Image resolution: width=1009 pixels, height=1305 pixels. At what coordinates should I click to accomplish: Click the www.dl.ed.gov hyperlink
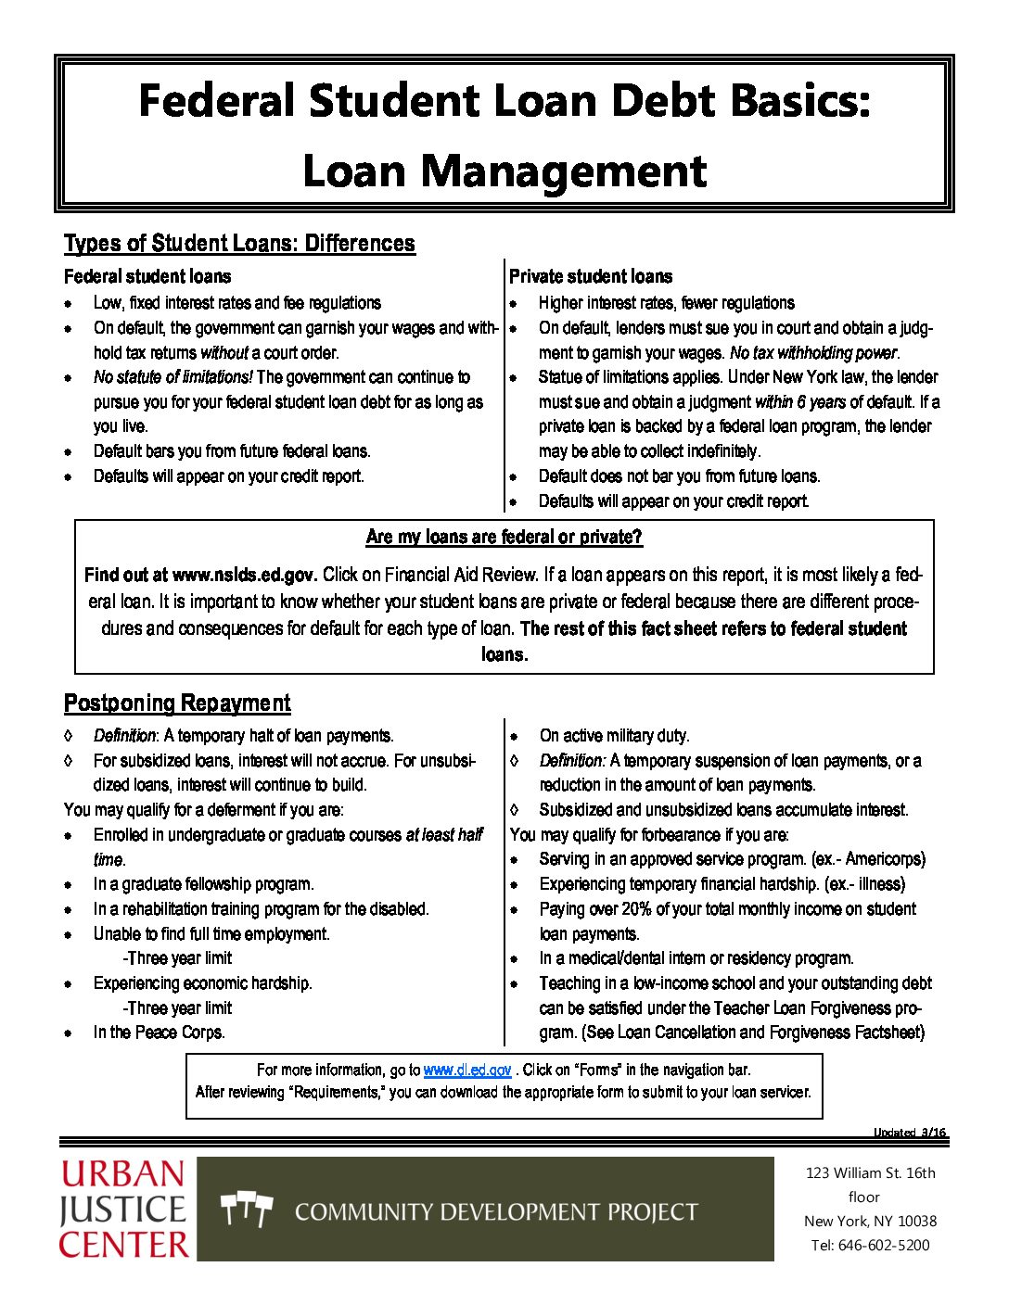point(466,1070)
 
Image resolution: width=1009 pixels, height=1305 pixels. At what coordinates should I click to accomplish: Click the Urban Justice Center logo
point(123,1209)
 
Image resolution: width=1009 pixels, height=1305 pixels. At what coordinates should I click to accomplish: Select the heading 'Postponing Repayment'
point(177,703)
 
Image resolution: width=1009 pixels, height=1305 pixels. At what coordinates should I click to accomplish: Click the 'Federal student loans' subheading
point(147,276)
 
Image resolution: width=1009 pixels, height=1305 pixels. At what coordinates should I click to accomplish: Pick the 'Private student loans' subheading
point(591,276)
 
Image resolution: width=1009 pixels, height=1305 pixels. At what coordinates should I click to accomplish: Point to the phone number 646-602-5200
point(884,1245)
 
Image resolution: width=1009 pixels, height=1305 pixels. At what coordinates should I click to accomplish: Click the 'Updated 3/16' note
point(909,1133)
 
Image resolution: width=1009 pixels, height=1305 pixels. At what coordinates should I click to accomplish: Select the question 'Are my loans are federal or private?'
point(504,537)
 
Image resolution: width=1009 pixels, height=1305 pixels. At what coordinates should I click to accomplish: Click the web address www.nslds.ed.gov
point(245,575)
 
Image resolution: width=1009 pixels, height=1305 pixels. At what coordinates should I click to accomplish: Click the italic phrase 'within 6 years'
point(800,402)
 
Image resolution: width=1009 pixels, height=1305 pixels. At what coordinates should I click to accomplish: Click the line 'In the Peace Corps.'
point(159,1033)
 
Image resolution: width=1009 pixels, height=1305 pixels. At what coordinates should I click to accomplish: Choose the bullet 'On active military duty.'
point(614,736)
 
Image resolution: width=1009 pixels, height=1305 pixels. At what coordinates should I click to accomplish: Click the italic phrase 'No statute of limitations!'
point(172,377)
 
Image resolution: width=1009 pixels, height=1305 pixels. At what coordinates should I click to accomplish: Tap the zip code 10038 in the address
point(918,1221)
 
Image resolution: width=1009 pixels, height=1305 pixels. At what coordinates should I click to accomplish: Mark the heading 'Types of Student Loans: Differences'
point(239,244)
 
